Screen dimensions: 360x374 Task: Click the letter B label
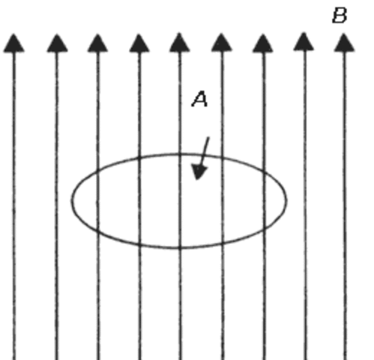(340, 14)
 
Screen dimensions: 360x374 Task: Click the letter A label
(199, 99)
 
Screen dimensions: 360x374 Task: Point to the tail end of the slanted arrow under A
(209, 137)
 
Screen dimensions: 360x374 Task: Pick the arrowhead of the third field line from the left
(97, 43)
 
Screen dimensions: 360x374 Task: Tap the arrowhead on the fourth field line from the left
(139, 43)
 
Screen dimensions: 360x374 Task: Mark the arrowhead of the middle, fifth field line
(178, 43)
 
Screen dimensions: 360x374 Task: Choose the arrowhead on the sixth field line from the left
(220, 43)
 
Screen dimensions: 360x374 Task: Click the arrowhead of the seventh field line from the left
(262, 43)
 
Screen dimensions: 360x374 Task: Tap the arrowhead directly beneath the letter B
(343, 43)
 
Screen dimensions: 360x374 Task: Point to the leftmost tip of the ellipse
(72, 199)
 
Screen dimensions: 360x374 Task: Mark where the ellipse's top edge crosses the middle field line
(178, 154)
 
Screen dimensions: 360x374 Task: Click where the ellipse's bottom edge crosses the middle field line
(178, 247)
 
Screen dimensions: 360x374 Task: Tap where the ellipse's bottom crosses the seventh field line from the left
(262, 231)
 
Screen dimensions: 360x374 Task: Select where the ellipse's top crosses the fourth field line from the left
(139, 157)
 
